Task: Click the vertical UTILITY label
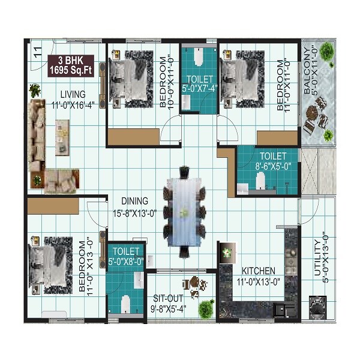319,254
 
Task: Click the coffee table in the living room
62,137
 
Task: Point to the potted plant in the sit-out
206,308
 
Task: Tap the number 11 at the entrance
38,50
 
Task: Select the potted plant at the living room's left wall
35,91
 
